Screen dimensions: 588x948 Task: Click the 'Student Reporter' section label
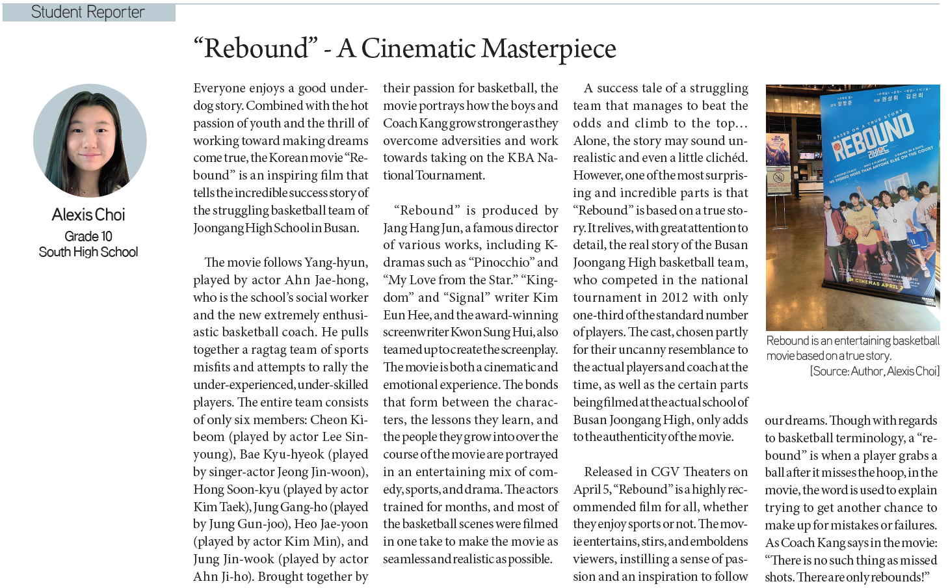[x=88, y=12]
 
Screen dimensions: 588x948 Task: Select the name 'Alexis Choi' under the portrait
[x=88, y=215]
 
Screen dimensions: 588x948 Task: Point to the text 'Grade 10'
[x=88, y=236]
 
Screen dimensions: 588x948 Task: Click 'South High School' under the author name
[x=88, y=252]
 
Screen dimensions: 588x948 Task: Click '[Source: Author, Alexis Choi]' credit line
[x=875, y=371]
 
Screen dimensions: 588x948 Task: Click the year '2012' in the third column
[x=674, y=298]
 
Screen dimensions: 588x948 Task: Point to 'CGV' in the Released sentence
[x=665, y=472]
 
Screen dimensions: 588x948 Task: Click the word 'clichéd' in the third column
[x=723, y=158]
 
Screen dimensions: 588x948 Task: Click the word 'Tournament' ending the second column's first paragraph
[x=450, y=176]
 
